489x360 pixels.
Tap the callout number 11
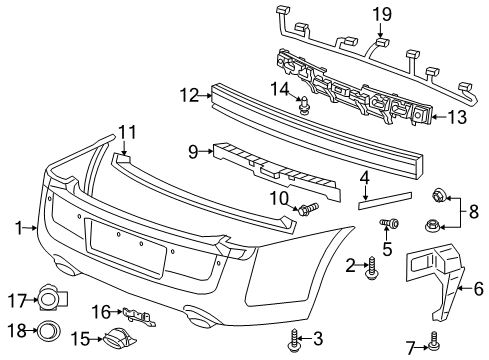(x=125, y=132)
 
